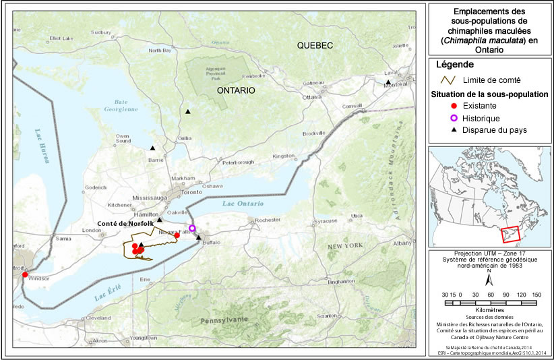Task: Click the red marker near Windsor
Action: click(25, 274)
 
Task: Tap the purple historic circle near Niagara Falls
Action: click(192, 228)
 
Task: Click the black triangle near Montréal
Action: click(388, 82)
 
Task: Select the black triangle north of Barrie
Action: click(153, 148)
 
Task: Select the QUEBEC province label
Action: click(315, 45)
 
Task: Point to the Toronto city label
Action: click(191, 192)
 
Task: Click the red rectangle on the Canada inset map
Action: click(513, 234)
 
